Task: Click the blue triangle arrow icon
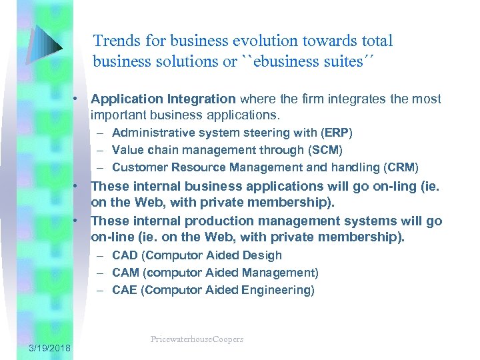click(x=46, y=44)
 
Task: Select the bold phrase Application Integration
click(x=163, y=99)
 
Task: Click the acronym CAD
click(x=125, y=255)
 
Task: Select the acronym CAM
click(x=125, y=273)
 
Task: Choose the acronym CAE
click(x=125, y=290)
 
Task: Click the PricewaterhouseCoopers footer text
click(x=197, y=339)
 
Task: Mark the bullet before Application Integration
click(x=77, y=99)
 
